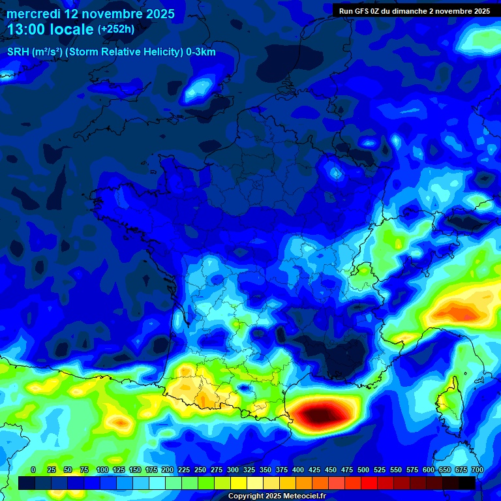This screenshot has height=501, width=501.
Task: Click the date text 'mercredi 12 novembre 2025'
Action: (x=91, y=14)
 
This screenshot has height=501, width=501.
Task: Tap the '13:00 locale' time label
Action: (x=51, y=29)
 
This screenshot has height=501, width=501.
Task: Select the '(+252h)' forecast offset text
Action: (x=116, y=29)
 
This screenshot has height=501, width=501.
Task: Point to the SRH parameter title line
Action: (x=111, y=52)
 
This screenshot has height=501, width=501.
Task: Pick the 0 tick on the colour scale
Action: (x=33, y=470)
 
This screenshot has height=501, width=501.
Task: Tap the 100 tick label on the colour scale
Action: (x=102, y=470)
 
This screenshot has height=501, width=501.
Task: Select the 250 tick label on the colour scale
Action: (x=200, y=470)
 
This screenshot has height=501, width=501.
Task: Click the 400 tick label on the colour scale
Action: (x=298, y=470)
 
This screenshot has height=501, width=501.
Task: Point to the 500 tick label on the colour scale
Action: (x=363, y=470)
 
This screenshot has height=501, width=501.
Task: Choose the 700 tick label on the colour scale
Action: (x=477, y=470)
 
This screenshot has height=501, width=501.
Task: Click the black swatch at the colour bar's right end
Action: (x=467, y=483)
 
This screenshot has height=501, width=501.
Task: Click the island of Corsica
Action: (x=448, y=404)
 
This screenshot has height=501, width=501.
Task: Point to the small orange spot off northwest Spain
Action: (x=121, y=423)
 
